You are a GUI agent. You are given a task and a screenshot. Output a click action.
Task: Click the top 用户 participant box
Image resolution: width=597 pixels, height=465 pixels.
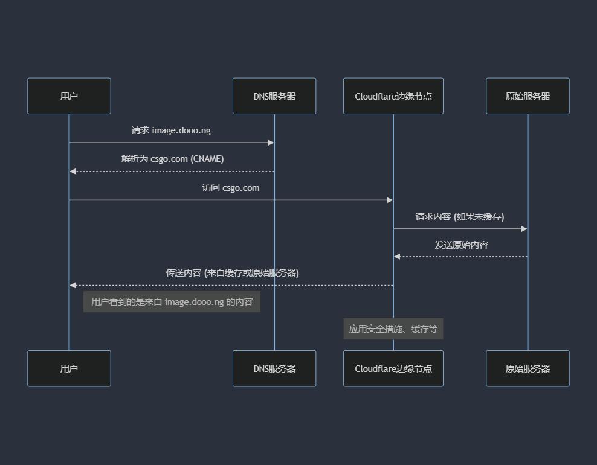click(x=69, y=96)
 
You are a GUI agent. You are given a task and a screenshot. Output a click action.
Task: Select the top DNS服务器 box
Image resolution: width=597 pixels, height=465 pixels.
click(x=274, y=96)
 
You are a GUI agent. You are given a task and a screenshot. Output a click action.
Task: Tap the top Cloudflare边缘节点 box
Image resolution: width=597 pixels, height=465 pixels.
click(x=393, y=96)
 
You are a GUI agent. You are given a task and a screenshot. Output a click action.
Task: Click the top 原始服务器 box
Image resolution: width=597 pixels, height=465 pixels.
click(x=528, y=96)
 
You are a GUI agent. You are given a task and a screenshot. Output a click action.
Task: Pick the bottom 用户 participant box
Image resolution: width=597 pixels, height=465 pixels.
click(x=69, y=368)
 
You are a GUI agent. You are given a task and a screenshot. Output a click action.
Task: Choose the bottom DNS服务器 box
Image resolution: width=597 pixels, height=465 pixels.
click(x=274, y=368)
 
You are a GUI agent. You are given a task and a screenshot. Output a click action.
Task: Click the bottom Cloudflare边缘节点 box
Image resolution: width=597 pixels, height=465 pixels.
click(x=393, y=368)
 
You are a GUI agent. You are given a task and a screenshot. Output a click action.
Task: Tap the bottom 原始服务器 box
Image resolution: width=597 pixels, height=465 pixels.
click(x=528, y=368)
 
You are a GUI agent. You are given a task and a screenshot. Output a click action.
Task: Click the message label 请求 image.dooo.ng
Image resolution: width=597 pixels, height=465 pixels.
click(x=171, y=130)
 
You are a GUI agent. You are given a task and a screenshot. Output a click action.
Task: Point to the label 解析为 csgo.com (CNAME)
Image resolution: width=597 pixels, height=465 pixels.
click(x=172, y=159)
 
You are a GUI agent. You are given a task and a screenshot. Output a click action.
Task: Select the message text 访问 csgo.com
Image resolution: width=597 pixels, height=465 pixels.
click(x=231, y=188)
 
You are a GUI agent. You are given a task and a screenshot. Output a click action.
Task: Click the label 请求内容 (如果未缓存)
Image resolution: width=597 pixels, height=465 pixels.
click(x=460, y=216)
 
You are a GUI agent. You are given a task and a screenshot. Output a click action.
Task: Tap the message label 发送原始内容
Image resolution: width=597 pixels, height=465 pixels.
click(x=461, y=245)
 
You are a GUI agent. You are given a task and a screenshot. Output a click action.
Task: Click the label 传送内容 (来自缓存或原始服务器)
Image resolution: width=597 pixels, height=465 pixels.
click(x=232, y=273)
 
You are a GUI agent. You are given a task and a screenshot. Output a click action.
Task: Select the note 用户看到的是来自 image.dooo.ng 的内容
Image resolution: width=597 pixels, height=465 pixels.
click(x=172, y=301)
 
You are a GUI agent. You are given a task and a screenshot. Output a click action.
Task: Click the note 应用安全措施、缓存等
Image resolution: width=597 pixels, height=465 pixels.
click(x=393, y=329)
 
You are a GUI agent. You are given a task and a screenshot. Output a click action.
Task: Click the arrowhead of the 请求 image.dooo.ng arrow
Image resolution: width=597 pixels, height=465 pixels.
click(x=271, y=143)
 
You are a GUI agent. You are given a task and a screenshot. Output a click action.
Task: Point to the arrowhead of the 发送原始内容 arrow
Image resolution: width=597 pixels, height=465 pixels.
click(x=397, y=257)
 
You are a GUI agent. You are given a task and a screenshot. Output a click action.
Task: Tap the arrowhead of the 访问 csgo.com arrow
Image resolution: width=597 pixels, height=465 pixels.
click(x=390, y=200)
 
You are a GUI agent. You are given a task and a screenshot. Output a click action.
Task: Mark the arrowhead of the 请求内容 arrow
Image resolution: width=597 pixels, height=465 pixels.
click(x=524, y=229)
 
